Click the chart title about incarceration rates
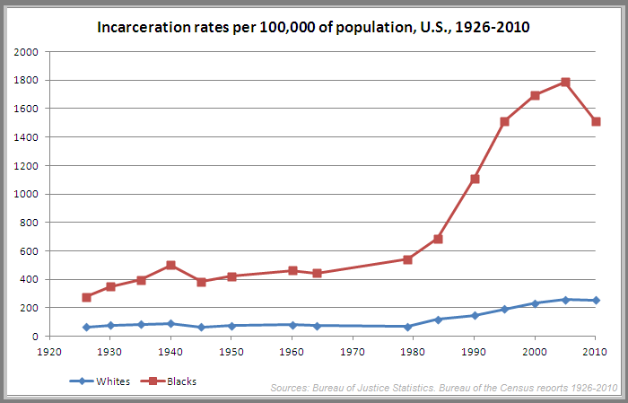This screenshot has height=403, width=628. [x=313, y=28]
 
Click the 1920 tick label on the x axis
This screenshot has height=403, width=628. [x=50, y=353]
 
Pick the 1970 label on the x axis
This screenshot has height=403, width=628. [x=353, y=353]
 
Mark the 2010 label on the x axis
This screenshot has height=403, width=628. [x=595, y=353]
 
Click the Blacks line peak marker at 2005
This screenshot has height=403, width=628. [x=565, y=83]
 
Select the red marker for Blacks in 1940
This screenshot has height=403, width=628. [x=170, y=266]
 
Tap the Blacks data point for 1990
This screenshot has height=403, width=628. [x=475, y=179]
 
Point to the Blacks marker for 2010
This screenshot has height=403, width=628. [x=596, y=122]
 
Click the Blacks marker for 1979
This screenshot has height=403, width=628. [x=407, y=259]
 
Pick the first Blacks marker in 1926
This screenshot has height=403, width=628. [x=86, y=297]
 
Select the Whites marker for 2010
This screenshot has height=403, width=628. [x=596, y=301]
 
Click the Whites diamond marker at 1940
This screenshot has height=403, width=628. [x=170, y=323]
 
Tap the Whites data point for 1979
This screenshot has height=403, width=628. [x=407, y=327]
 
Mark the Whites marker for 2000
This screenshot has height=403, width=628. [x=535, y=303]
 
